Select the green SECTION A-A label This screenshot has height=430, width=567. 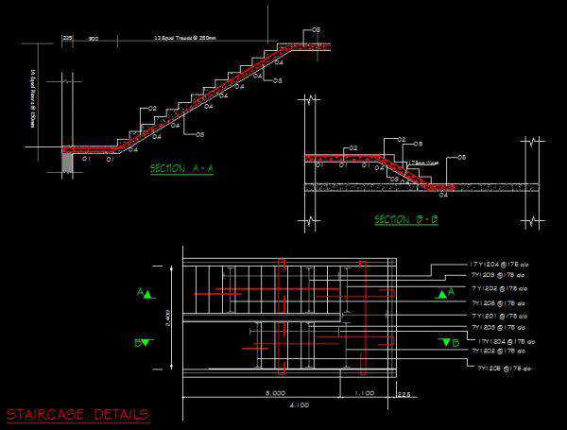[182, 169]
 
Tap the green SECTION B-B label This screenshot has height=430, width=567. [405, 220]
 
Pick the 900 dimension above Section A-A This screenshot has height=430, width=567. [94, 38]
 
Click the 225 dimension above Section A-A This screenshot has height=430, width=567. [68, 38]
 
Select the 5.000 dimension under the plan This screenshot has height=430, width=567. [275, 390]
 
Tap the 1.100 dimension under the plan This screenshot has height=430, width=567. [363, 390]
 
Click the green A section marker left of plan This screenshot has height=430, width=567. [144, 294]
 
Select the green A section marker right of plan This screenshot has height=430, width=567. [443, 294]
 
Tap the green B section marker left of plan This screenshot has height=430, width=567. [143, 342]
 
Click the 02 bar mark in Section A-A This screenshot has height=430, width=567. [151, 110]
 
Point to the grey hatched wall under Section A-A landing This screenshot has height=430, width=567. [68, 163]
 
